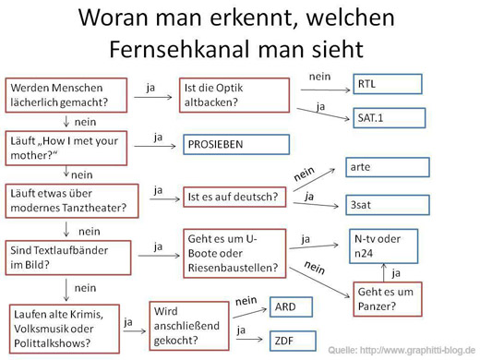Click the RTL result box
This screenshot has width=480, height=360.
tap(388, 84)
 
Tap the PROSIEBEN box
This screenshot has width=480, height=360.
tap(236, 144)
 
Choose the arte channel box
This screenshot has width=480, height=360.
tap(388, 167)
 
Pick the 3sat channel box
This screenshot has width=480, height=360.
tap(388, 205)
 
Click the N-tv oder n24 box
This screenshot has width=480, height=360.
tap(383, 246)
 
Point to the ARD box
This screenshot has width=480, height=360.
tap(291, 307)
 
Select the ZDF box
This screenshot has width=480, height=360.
tap(293, 341)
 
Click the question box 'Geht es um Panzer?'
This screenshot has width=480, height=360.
tap(388, 299)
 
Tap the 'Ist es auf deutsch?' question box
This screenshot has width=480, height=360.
tap(234, 197)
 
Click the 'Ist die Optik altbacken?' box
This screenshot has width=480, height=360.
tap(234, 95)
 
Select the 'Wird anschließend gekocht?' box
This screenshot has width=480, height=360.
tap(189, 326)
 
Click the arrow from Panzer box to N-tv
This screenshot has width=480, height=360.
tap(384, 272)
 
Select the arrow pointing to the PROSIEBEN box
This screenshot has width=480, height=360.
tap(155, 146)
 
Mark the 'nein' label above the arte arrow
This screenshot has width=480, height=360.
tap(304, 174)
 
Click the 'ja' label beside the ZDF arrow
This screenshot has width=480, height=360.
tap(241, 330)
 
